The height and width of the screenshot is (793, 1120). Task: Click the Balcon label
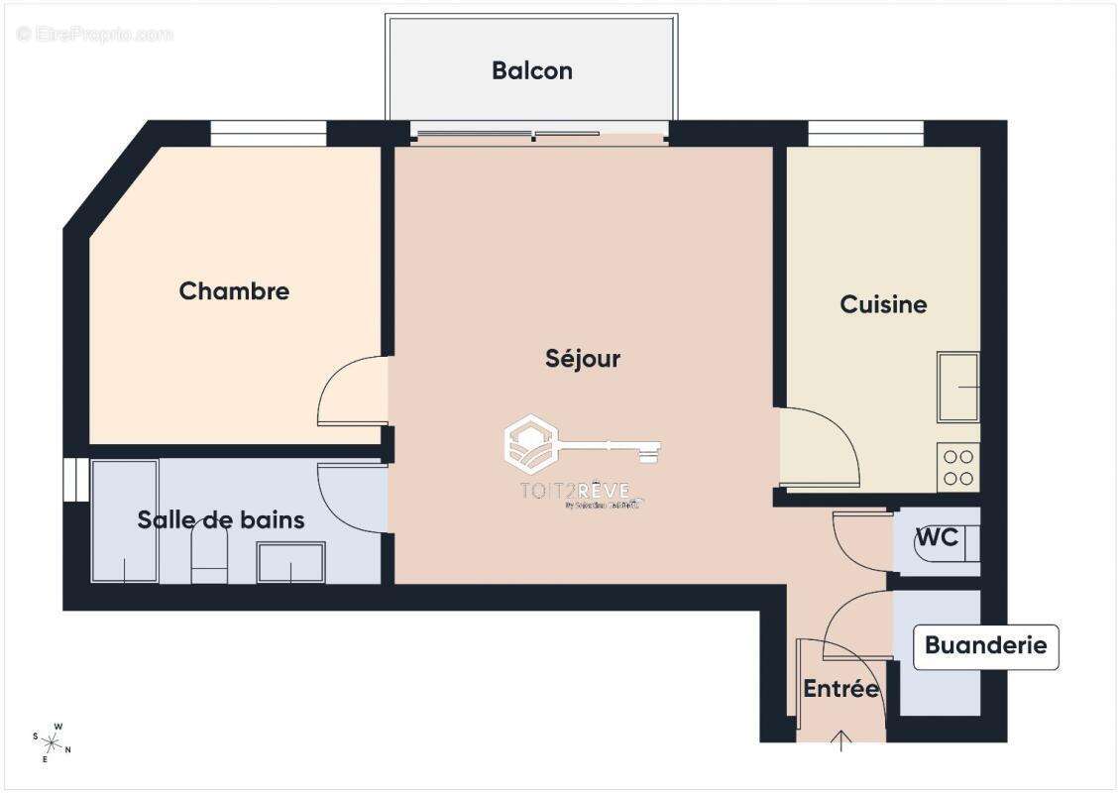click(x=532, y=71)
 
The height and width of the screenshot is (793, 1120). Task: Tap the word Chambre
click(x=234, y=291)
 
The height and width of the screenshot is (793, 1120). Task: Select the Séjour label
click(x=583, y=358)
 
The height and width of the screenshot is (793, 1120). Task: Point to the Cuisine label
click(x=883, y=304)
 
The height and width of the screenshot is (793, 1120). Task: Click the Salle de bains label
click(x=221, y=519)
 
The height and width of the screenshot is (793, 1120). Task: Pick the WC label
click(x=937, y=537)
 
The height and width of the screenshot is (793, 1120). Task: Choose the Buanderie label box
click(x=985, y=646)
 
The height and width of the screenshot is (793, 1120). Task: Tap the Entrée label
click(x=840, y=689)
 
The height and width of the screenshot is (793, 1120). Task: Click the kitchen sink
click(x=957, y=387)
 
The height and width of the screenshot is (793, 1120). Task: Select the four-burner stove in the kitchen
click(x=957, y=467)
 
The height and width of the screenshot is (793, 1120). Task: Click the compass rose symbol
click(x=52, y=741)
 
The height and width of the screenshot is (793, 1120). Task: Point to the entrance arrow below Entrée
click(x=841, y=739)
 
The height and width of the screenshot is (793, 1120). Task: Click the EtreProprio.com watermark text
click(x=95, y=35)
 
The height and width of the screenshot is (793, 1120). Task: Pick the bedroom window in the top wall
click(x=269, y=133)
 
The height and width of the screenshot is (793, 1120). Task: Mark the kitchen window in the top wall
click(x=865, y=133)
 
